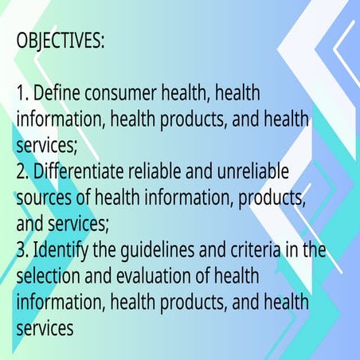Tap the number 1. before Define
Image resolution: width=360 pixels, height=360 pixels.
click(x=22, y=95)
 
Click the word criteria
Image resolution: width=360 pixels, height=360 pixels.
click(x=256, y=250)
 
